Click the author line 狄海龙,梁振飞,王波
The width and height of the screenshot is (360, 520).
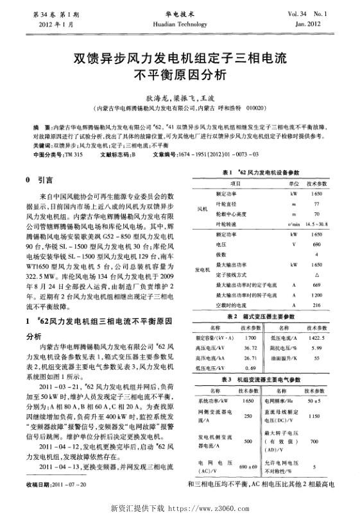click(x=180, y=99)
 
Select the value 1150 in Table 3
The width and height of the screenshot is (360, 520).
click(x=314, y=416)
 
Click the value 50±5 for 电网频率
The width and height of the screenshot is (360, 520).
click(x=314, y=401)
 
